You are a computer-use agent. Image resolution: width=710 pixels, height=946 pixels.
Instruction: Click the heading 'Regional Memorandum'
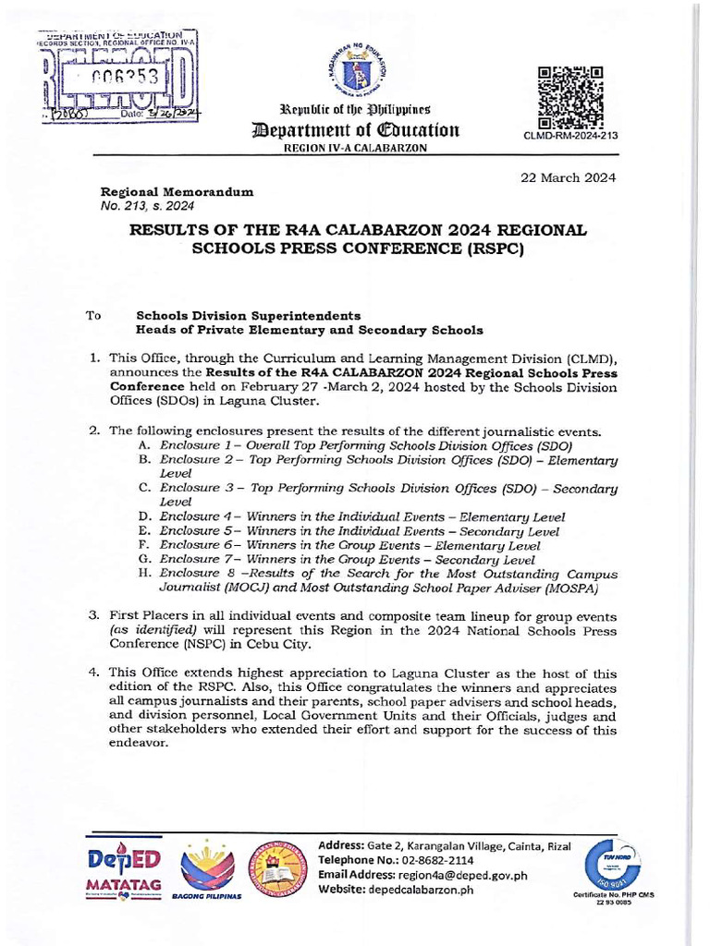(176, 188)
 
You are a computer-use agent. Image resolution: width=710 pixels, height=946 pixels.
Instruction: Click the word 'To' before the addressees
(93, 315)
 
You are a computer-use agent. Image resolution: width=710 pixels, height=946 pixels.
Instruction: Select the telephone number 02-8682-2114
(443, 860)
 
